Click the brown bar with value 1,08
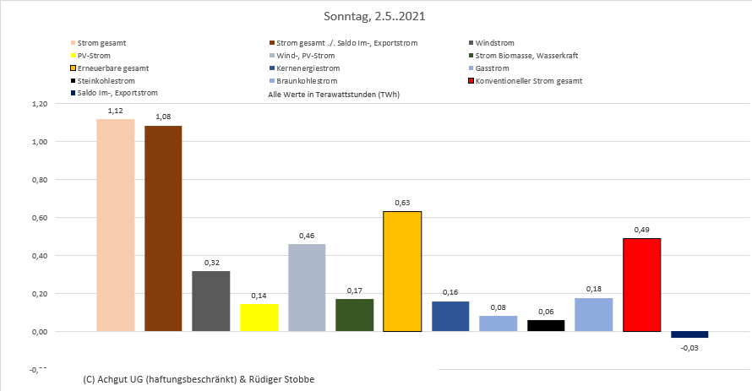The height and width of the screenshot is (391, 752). coord(163,228)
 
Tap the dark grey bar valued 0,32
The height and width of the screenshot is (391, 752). coord(210,301)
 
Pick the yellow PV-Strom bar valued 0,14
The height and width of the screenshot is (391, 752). coord(259,318)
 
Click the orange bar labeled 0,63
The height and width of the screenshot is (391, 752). coord(402,271)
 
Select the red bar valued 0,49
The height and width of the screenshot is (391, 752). coord(641,285)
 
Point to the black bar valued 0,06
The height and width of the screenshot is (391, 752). coord(546,326)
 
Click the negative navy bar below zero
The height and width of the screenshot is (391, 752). coord(689,334)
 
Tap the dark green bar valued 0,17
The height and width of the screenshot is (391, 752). coord(354,315)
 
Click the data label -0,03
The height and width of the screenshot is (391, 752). coord(689,346)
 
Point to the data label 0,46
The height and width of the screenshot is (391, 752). coord(307,236)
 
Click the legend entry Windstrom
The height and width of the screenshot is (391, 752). coord(494,42)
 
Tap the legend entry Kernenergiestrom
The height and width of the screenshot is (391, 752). coord(308,68)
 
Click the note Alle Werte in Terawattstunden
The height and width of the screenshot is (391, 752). coord(333,95)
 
